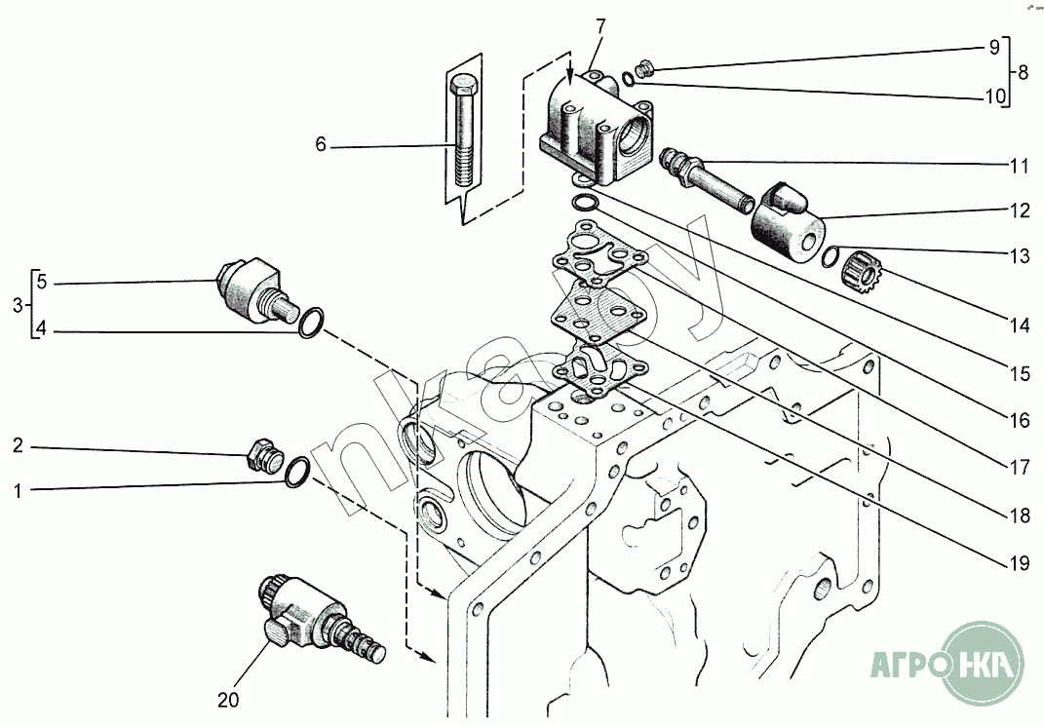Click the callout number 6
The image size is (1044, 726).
320,145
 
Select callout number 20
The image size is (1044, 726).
227,699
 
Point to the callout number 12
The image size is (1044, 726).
1020,210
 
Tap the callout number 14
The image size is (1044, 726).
1020,325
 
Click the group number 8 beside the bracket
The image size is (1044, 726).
1022,72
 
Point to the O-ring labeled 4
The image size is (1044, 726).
310,323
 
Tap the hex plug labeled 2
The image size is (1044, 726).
261,455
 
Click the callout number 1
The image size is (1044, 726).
17,491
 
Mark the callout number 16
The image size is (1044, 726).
1020,421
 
